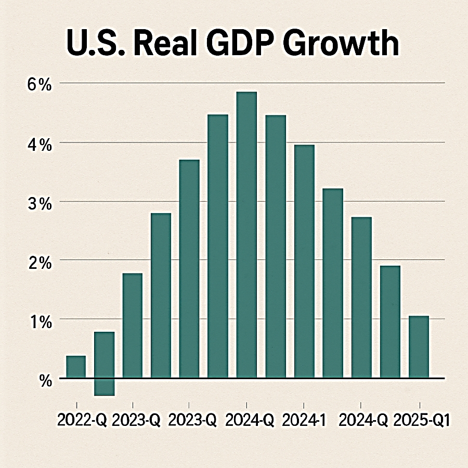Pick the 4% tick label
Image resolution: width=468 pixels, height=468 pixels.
click(41, 145)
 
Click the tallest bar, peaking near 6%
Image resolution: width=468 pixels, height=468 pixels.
click(246, 234)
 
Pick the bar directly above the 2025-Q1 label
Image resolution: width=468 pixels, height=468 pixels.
click(419, 346)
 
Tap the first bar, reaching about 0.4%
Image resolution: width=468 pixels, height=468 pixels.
click(76, 367)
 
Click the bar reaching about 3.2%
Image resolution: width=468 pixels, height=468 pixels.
click(333, 283)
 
